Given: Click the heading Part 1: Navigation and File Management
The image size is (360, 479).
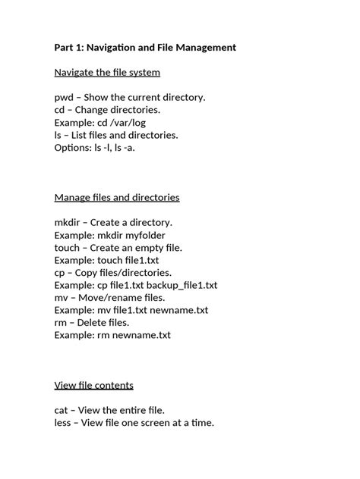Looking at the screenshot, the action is pyautogui.click(x=145, y=48).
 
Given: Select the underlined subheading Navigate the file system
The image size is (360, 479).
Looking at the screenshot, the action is pyautogui.click(x=107, y=73).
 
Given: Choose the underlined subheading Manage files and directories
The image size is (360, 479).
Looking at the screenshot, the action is pyautogui.click(x=117, y=198).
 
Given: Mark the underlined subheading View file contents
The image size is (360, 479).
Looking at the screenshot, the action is pyautogui.click(x=94, y=385).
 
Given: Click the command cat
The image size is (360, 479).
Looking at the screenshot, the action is pyautogui.click(x=62, y=410).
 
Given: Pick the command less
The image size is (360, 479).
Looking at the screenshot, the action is pyautogui.click(x=64, y=423).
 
